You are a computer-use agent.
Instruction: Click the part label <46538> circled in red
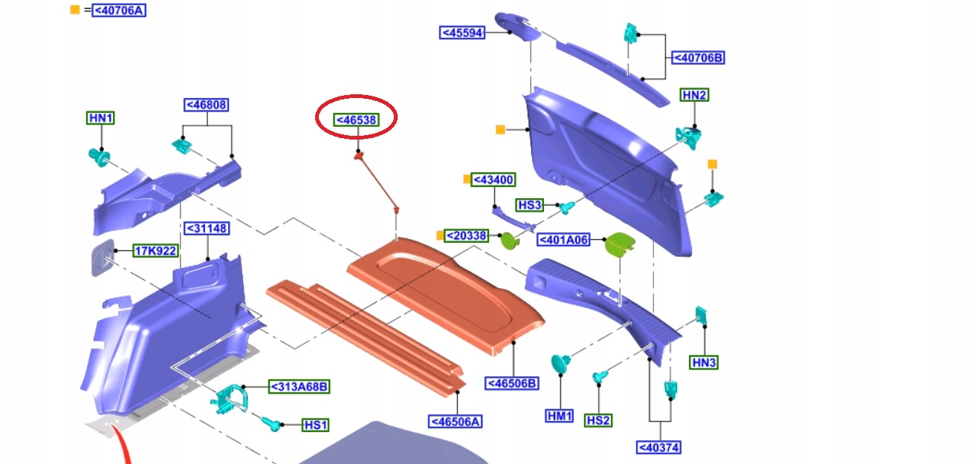point(356,120)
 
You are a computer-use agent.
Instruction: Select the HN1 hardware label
point(101,118)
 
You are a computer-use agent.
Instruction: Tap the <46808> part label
point(206,105)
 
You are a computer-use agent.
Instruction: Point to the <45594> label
point(462,33)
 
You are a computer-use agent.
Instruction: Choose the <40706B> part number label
point(697,57)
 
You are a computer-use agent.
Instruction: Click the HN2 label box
point(695,95)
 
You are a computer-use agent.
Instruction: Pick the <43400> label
point(493,180)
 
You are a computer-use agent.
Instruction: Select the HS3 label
point(531,205)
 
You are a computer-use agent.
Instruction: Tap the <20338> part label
point(467,236)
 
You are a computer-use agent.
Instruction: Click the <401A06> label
point(563,240)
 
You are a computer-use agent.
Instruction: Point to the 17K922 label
point(155,251)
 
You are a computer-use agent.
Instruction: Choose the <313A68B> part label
point(299,387)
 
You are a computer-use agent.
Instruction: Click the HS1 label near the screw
point(316,425)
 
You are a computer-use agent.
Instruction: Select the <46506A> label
point(456,422)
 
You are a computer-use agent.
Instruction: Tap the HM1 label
point(560,416)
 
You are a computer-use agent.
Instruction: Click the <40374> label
point(659,447)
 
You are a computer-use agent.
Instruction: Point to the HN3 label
point(704,362)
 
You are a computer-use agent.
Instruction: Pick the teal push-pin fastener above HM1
point(560,364)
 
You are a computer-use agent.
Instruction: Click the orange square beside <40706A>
point(74,10)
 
